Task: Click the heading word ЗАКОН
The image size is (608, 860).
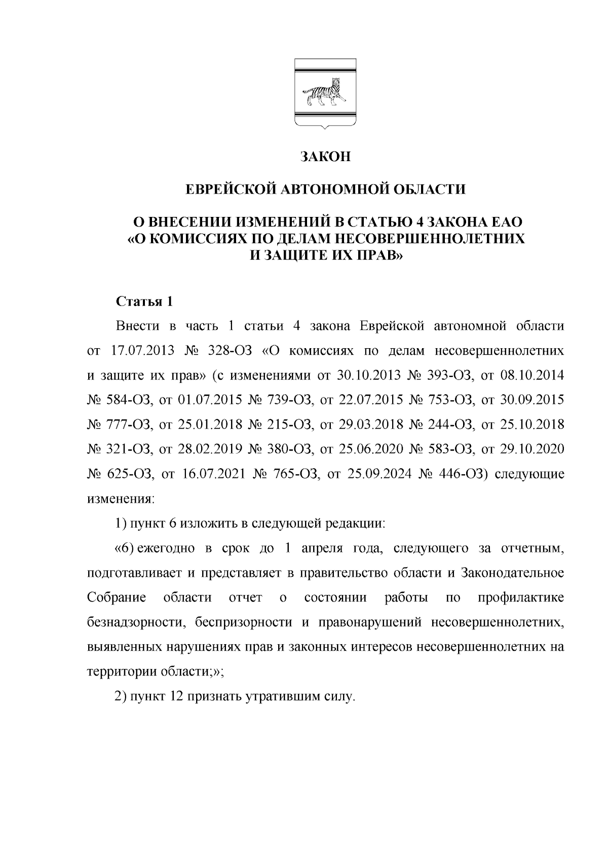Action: click(x=325, y=157)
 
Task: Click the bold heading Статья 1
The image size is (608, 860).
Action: click(x=144, y=302)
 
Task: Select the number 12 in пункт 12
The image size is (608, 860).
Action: click(x=175, y=697)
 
